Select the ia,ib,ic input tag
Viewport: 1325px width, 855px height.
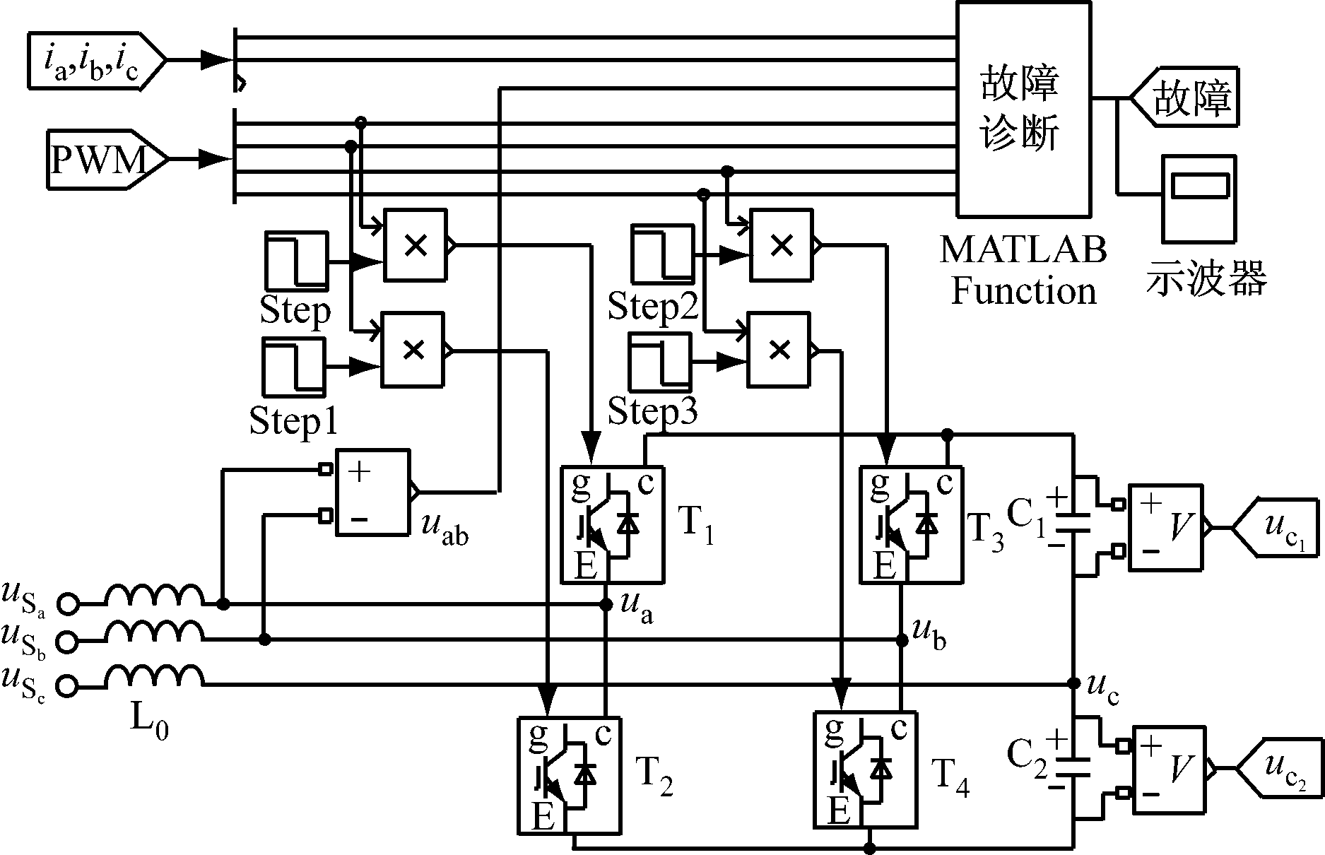95,61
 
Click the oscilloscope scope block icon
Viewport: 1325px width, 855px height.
1199,197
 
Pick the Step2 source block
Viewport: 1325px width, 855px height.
662,254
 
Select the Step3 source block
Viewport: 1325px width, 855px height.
660,361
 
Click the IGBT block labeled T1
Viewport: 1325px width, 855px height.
612,524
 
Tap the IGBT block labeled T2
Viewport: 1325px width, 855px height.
570,774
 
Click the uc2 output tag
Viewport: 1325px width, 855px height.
1280,768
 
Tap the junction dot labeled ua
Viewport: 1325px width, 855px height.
606,604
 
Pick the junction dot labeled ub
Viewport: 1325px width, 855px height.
902,640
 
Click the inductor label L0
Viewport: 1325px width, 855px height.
150,721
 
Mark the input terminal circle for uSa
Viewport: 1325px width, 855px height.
69,604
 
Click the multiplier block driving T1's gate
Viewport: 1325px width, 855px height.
415,245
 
